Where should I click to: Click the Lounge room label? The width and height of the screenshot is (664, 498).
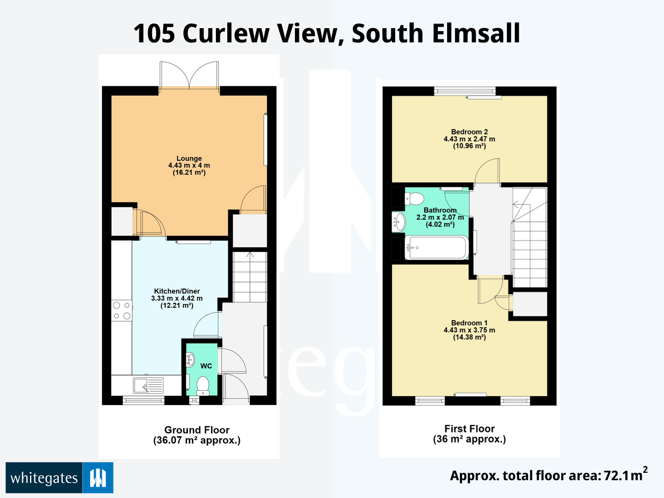click(x=189, y=159)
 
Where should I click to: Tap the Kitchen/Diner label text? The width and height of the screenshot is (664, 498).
click(x=177, y=291)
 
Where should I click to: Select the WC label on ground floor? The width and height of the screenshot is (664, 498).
click(x=206, y=366)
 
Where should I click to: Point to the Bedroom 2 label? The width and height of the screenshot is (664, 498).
click(x=469, y=132)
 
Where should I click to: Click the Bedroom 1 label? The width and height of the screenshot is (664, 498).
click(x=469, y=323)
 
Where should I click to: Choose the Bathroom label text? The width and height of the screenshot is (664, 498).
click(x=440, y=210)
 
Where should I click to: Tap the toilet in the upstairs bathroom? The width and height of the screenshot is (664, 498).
click(x=415, y=199)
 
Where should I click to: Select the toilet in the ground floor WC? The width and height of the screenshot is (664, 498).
click(x=203, y=385)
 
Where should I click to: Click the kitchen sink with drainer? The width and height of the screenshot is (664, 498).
click(x=148, y=385)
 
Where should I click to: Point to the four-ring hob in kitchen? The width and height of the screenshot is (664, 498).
click(x=122, y=311)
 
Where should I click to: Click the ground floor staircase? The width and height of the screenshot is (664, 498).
click(x=249, y=277)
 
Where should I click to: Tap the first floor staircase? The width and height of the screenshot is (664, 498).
click(x=530, y=237)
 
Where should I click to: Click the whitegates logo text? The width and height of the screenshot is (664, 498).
click(x=44, y=478)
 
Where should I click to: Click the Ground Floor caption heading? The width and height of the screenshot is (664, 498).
click(x=197, y=430)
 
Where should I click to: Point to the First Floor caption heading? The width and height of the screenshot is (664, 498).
click(x=469, y=429)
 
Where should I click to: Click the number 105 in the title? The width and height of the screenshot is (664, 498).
click(x=154, y=34)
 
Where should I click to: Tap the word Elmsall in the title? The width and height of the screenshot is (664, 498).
click(x=476, y=34)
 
